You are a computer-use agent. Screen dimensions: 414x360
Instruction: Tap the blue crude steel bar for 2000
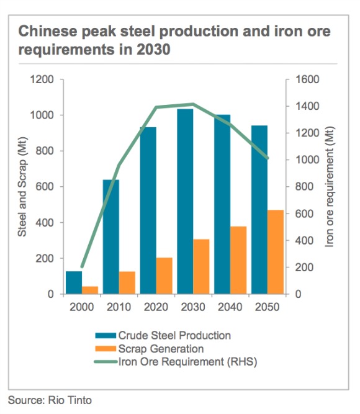click(74, 282)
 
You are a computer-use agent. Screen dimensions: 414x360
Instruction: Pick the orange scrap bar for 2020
click(164, 276)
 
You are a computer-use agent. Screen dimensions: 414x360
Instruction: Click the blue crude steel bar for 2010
click(110, 236)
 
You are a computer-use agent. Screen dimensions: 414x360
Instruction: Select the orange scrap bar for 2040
click(238, 260)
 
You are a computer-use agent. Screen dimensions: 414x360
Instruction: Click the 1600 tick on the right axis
click(304, 80)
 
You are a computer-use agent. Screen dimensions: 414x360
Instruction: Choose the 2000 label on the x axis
click(83, 307)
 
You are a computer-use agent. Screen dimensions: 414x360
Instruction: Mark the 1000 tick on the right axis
click(304, 160)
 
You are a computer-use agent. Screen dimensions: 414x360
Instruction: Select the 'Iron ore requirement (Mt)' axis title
click(330, 187)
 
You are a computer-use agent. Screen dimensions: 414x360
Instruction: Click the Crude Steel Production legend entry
click(174, 336)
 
